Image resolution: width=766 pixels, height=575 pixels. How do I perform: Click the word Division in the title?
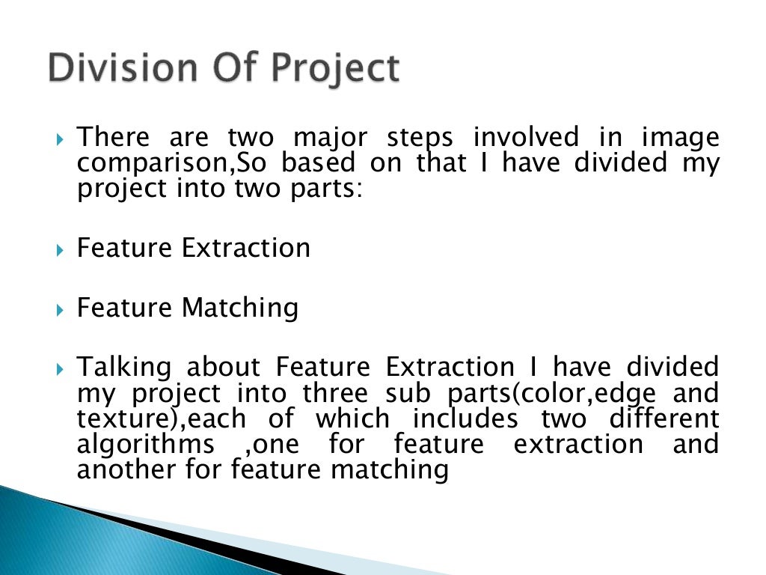click(123, 67)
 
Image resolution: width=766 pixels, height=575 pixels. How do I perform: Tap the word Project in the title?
click(336, 69)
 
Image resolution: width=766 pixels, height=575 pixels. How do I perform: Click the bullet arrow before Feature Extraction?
click(60, 251)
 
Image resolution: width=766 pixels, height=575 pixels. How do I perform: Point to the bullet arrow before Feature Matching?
click(60, 310)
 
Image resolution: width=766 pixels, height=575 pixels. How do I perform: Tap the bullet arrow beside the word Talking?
click(60, 369)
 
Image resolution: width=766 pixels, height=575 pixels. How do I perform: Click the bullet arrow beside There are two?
click(60, 140)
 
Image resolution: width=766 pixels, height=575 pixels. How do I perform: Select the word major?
click(330, 139)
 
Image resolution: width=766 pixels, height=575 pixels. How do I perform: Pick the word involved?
click(526, 136)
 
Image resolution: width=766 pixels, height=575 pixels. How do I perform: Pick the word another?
click(126, 469)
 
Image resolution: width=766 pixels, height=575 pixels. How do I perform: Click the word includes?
click(465, 418)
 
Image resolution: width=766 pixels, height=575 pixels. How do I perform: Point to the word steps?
click(420, 139)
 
